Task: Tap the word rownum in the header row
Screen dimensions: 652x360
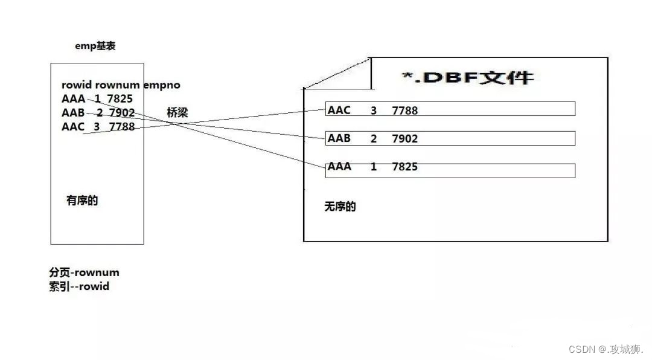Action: click(118, 85)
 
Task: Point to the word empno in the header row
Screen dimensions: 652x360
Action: click(162, 85)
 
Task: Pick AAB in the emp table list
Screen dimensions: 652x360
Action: click(73, 112)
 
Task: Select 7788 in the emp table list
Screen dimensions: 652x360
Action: click(122, 126)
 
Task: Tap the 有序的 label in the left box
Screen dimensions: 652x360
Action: click(82, 201)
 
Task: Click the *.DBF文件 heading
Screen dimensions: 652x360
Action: click(468, 77)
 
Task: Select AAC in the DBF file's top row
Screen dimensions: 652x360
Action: click(339, 110)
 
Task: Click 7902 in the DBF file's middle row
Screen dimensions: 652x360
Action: click(404, 138)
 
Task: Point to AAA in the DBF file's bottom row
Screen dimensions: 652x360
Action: click(339, 167)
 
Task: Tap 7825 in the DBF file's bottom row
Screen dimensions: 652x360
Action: click(404, 167)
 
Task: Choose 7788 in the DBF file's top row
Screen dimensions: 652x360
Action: click(404, 110)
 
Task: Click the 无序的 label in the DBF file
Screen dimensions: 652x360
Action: click(340, 207)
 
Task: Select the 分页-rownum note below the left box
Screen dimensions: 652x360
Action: click(85, 272)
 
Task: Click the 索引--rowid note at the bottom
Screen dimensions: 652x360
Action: click(79, 286)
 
